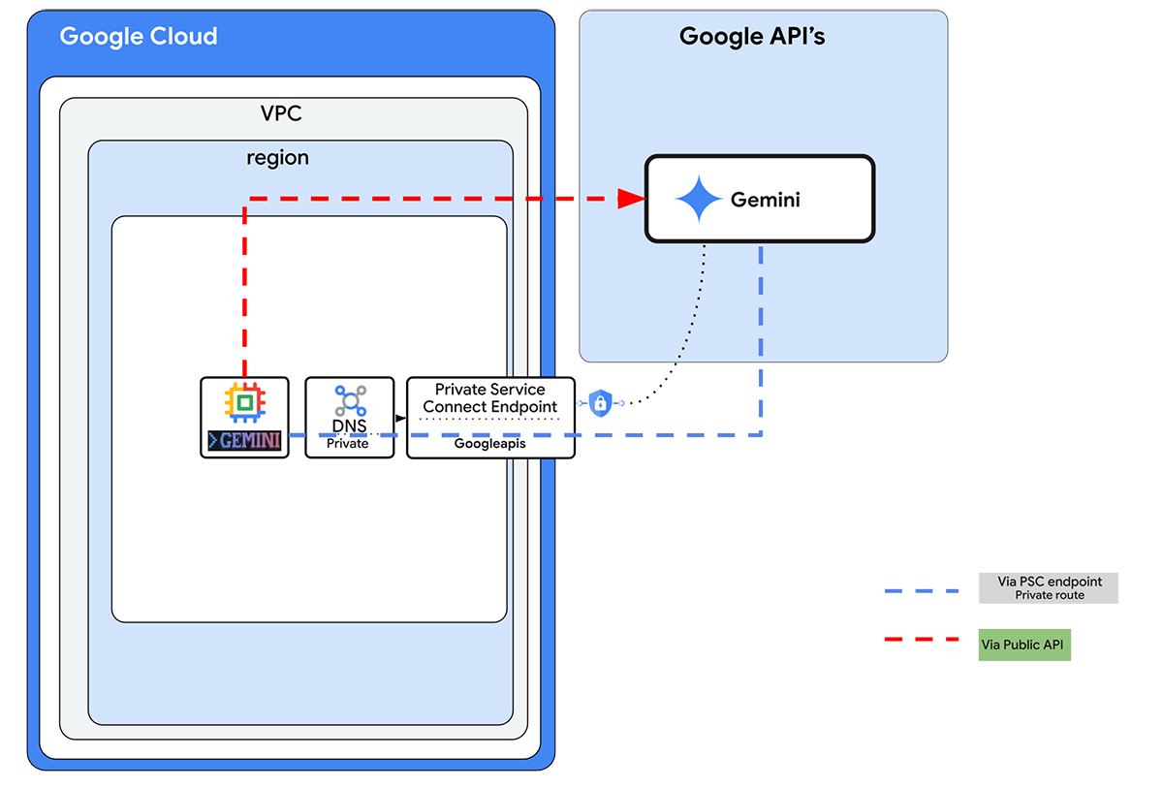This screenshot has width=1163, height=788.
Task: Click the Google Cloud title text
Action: tap(139, 37)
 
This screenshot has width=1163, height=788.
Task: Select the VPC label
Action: tap(281, 113)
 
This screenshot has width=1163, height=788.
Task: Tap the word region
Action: tap(277, 157)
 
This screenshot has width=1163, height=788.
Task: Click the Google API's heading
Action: tap(752, 37)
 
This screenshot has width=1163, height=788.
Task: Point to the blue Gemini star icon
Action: tap(699, 200)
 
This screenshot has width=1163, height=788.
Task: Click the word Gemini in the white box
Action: tap(766, 201)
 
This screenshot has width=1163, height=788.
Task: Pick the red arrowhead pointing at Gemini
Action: tap(633, 199)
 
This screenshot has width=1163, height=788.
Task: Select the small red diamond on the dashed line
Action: tap(566, 201)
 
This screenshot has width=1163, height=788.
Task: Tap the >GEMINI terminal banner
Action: tap(245, 441)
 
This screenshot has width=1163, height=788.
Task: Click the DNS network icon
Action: tap(349, 400)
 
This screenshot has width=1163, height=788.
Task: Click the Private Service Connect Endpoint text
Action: tap(490, 397)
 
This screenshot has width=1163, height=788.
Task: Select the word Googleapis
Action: tap(489, 443)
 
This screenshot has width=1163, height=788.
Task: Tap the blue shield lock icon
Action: tap(600, 402)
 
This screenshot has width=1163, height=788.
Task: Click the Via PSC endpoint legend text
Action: tap(1050, 582)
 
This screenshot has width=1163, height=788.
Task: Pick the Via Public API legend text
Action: tap(1023, 645)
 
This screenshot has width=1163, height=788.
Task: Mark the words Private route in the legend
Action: tap(1050, 595)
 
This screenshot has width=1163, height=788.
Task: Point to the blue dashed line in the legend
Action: tap(921, 590)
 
